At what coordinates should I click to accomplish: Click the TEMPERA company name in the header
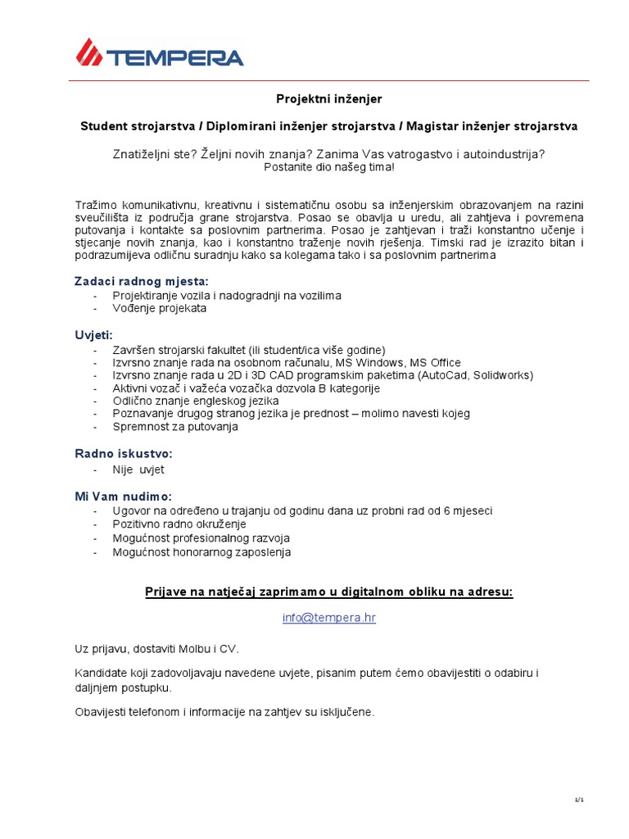[174, 57]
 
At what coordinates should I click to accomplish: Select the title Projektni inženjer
[328, 99]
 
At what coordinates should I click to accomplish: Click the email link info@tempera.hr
[328, 618]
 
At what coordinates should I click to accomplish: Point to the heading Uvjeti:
[94, 335]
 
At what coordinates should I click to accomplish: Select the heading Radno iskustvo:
[124, 454]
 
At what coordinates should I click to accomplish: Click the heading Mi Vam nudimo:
[124, 497]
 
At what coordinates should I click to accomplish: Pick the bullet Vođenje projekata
[160, 309]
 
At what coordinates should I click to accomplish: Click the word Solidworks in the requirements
[500, 375]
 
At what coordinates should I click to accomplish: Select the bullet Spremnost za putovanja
[175, 427]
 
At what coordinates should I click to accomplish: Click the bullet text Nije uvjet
[138, 469]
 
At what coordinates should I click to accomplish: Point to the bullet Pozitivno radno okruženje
[179, 524]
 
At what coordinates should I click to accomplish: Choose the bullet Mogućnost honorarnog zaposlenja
[201, 552]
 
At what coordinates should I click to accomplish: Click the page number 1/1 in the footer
[578, 800]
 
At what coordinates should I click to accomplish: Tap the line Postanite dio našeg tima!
[328, 167]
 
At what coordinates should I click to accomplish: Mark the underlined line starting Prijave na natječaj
[328, 592]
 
